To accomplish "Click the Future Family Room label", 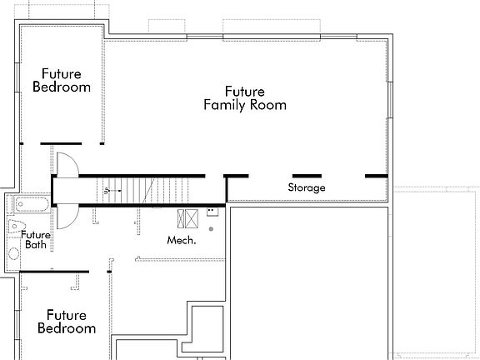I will coord(245,98).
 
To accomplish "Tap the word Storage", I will coord(307,188).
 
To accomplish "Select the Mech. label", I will coord(182,241).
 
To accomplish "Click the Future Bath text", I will coord(36,240).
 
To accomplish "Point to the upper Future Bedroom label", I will coord(61,81).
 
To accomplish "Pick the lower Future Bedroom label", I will coord(67,322).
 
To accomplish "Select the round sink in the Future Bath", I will coord(14,253).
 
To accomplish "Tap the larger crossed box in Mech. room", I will coord(191,219).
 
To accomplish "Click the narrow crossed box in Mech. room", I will coord(180,219).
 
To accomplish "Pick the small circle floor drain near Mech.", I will coord(212,228).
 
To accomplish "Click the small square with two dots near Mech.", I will coord(212,212).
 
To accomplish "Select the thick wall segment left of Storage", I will coord(237,176).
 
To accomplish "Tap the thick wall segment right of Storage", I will coord(376,176).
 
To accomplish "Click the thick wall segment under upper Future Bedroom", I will coord(61,144).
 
